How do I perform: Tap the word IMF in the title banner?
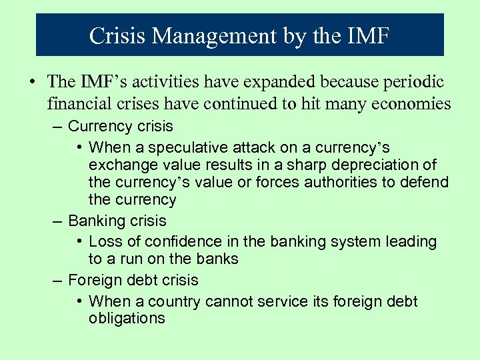(364, 35)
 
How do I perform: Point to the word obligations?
(127, 319)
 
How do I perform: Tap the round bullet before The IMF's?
(31, 83)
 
